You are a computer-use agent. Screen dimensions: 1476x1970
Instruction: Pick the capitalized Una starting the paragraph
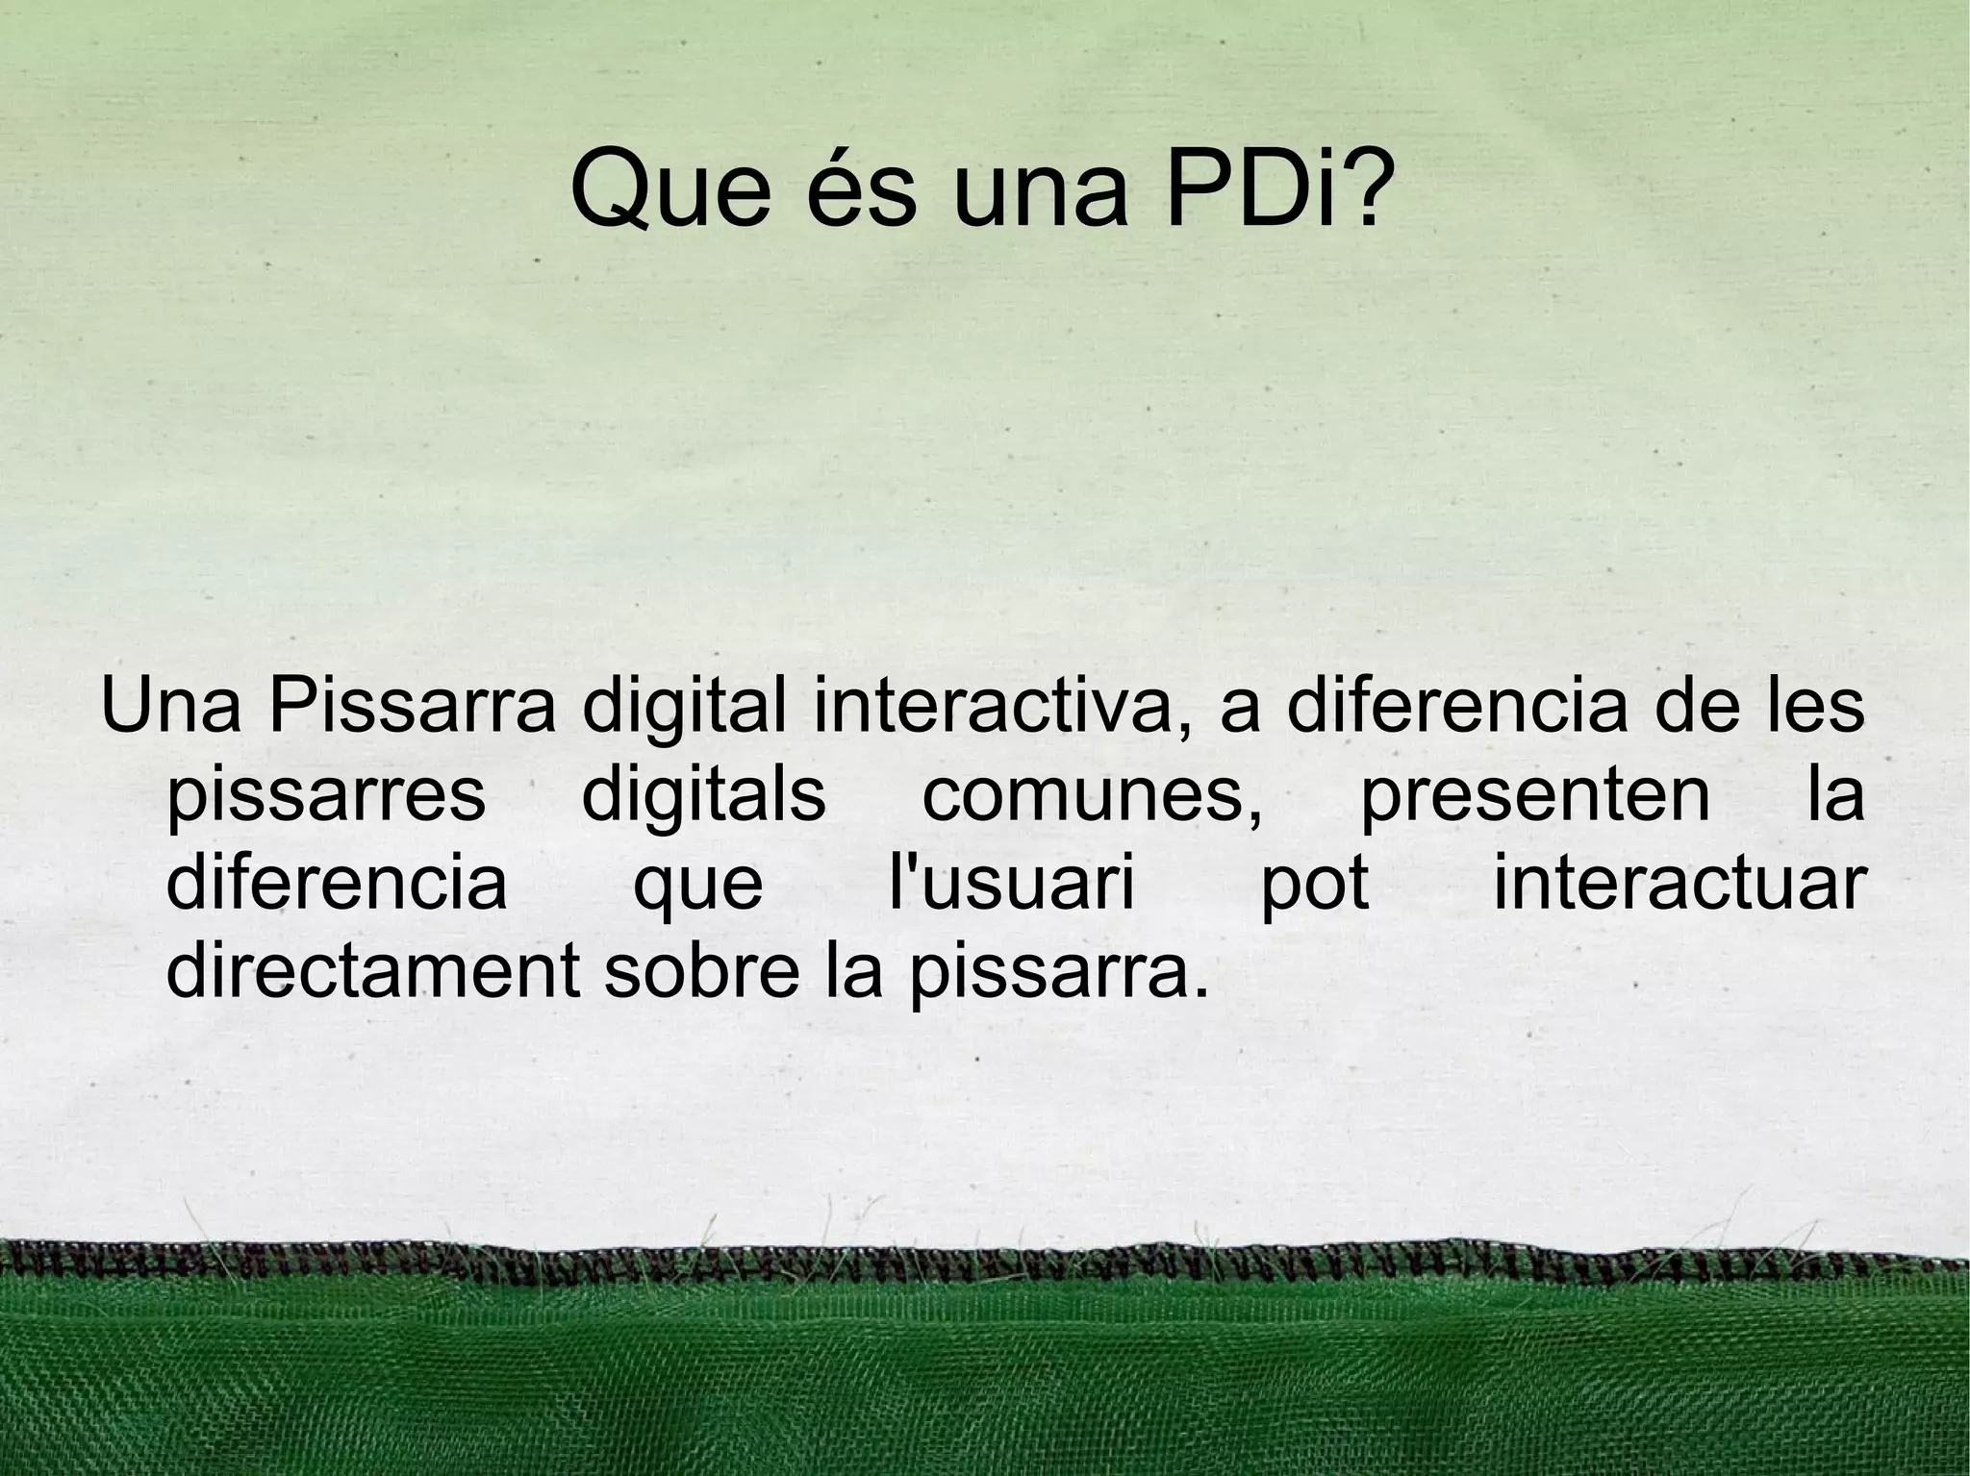click(170, 707)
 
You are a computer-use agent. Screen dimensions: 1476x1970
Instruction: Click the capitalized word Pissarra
click(413, 707)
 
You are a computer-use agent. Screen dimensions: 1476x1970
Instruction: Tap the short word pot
click(1315, 885)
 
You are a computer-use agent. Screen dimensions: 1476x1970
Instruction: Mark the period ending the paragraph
click(1197, 990)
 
